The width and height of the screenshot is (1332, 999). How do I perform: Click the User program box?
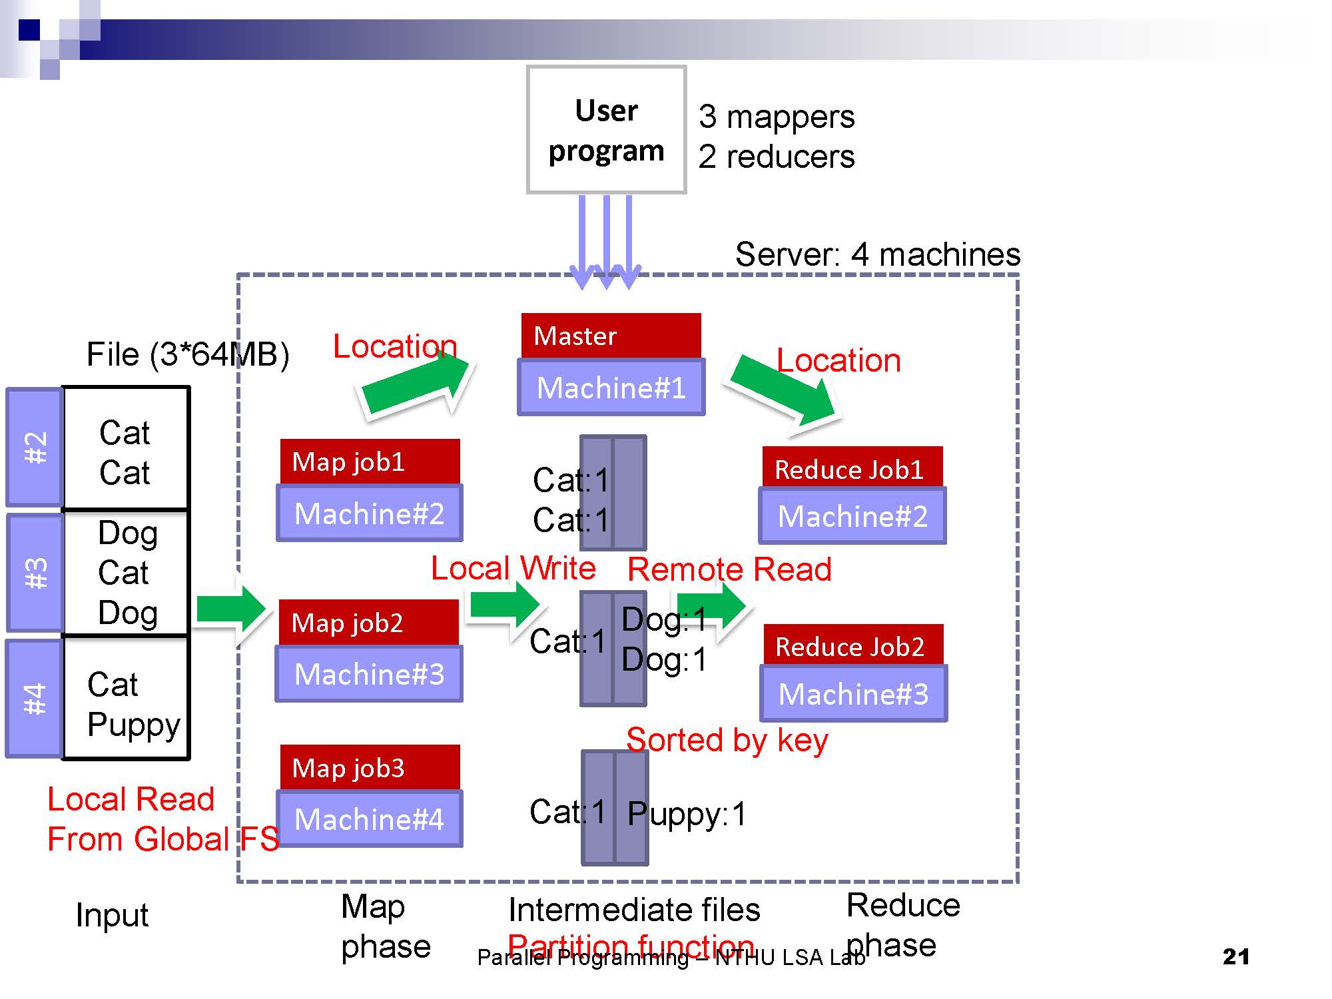click(606, 130)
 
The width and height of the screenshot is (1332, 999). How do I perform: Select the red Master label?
click(611, 336)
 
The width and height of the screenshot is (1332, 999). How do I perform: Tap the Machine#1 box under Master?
click(611, 388)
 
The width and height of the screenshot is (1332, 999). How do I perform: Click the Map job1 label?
click(370, 462)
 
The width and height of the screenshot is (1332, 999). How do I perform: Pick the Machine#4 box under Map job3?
click(370, 819)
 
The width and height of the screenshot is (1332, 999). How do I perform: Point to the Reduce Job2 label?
click(852, 646)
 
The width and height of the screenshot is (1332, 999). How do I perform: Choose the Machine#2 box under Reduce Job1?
click(852, 516)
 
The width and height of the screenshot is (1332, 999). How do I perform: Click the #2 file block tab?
click(35, 448)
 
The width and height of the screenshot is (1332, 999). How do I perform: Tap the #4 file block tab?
click(35, 699)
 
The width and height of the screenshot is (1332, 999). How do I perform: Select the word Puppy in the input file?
click(134, 725)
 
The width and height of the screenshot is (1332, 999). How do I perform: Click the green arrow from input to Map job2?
click(230, 608)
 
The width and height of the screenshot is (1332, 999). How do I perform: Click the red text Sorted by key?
click(727, 740)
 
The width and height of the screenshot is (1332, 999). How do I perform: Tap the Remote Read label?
click(729, 569)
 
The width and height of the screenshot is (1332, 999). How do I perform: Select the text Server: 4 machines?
click(877, 254)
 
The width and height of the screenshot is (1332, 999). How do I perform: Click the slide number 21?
click(1235, 956)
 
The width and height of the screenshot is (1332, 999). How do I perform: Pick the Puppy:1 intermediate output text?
click(687, 814)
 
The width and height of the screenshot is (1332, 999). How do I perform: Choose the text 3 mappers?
click(776, 117)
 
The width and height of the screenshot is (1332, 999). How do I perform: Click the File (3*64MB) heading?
click(188, 354)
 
